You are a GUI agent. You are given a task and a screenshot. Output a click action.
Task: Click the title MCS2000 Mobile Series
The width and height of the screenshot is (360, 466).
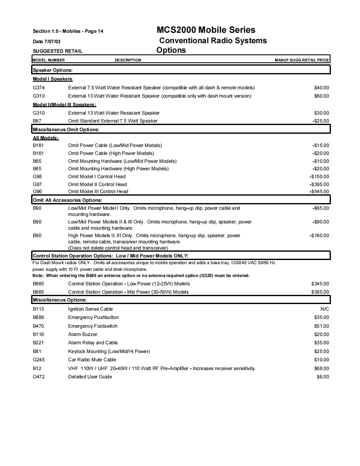[206, 30]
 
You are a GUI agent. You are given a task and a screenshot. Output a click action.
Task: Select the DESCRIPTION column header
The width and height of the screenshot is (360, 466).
[128, 60]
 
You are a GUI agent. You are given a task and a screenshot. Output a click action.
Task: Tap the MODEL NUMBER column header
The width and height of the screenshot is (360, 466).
[49, 60]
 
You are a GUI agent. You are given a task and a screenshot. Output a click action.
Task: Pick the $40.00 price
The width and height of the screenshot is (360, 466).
[321, 88]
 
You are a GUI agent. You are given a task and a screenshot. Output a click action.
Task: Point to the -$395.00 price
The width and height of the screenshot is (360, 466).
[319, 184]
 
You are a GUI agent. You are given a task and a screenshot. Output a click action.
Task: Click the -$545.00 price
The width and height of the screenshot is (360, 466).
[319, 191]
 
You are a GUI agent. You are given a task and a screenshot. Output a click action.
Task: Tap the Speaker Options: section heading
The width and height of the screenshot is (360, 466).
[53, 70]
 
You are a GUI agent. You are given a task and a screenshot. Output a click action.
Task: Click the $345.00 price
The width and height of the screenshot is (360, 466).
[320, 284]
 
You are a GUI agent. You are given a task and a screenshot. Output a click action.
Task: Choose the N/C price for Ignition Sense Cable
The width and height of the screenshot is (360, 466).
[324, 309]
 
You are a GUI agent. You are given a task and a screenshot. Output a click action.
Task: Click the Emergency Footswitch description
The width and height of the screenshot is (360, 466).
[93, 326]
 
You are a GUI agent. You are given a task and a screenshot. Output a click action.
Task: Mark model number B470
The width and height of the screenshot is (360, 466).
[38, 326]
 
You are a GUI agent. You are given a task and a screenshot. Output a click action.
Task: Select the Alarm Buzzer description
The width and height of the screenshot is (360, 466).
[83, 334]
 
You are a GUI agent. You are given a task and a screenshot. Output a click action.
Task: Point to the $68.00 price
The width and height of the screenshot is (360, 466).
[321, 368]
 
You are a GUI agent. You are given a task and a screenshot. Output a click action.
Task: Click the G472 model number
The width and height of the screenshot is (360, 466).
[39, 377]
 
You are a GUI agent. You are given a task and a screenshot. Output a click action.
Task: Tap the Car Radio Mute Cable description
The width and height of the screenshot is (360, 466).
[92, 360]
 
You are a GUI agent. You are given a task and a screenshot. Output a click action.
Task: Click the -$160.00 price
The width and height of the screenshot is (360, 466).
[319, 235]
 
